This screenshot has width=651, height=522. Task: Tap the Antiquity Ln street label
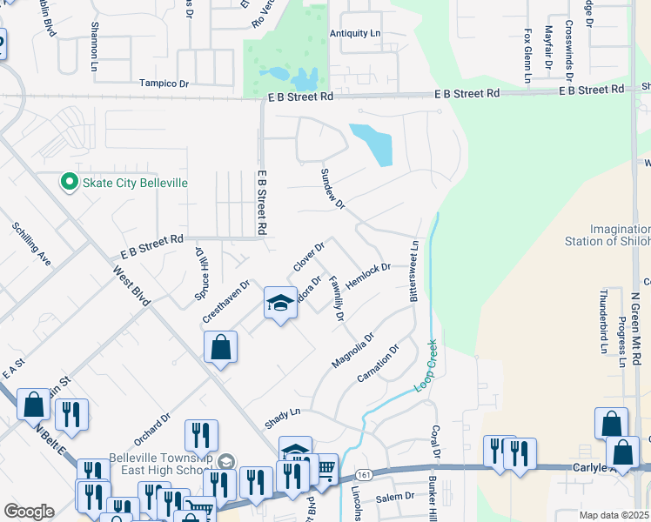(355, 33)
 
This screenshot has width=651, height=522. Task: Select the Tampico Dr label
(164, 84)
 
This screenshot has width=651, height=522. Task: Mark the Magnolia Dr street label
(352, 350)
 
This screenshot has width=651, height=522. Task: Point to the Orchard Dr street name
(152, 426)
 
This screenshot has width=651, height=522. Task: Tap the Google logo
(29, 512)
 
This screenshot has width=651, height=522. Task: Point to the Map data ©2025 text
(614, 515)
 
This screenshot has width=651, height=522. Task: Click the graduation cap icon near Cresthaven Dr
(279, 303)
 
